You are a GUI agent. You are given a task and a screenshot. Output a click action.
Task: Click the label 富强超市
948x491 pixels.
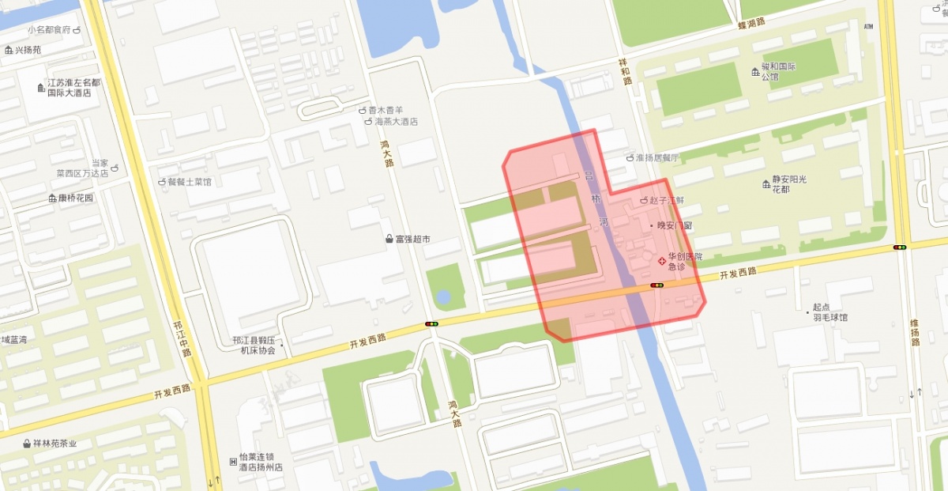click(412, 238)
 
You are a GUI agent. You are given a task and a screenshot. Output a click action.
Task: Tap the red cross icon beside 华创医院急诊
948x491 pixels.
click(661, 260)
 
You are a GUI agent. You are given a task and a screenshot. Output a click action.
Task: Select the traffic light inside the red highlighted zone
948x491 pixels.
click(657, 285)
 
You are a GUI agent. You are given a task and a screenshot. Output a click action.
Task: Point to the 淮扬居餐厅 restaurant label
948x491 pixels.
click(657, 157)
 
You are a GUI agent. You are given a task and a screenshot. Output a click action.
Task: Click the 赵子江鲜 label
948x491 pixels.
click(666, 202)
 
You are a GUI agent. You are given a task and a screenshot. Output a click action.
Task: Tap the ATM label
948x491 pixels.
click(869, 27)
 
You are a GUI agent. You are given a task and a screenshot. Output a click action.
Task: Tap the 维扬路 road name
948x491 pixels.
click(914, 331)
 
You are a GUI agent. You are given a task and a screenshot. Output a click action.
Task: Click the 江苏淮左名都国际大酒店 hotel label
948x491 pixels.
click(73, 87)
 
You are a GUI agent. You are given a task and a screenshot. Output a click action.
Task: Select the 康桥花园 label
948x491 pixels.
click(75, 198)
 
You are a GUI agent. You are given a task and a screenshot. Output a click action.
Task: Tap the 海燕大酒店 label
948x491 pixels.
click(396, 122)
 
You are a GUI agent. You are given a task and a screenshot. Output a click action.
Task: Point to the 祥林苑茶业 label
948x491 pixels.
click(55, 444)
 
